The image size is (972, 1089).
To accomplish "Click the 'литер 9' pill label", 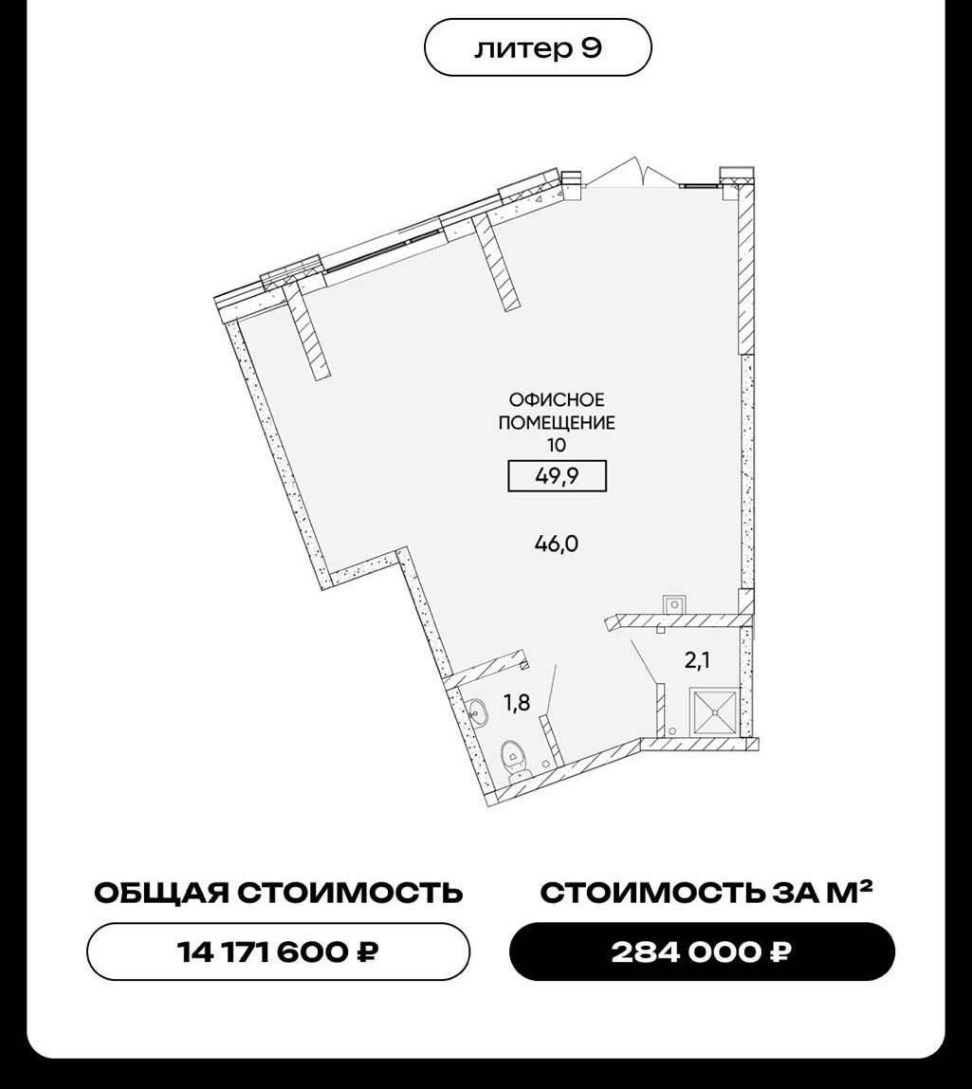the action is [538, 48].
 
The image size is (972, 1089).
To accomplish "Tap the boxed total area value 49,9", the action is [558, 476].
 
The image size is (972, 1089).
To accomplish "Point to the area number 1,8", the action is [517, 704].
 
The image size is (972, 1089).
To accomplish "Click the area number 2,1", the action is [697, 660].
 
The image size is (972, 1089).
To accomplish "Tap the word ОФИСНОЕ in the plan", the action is [557, 400].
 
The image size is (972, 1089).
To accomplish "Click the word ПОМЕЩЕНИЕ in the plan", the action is [557, 422].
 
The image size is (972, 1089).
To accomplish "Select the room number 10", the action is [557, 445].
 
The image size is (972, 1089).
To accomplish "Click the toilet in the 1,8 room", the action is [515, 759].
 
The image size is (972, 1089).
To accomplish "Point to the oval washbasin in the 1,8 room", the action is [477, 711].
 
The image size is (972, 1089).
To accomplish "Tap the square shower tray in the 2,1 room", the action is [714, 711].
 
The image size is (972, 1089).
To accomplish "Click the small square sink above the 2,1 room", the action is [672, 605].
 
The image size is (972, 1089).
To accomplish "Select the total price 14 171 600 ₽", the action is [279, 951].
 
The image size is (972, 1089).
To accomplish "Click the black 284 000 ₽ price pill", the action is [702, 951].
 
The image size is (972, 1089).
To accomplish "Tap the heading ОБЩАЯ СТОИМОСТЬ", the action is [279, 894].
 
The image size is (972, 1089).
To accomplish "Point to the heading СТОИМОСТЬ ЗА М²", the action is [706, 893].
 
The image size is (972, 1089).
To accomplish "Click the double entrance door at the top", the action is [632, 173].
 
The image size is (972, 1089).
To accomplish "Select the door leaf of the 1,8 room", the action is [551, 689].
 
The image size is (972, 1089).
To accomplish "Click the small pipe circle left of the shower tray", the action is [672, 730].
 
